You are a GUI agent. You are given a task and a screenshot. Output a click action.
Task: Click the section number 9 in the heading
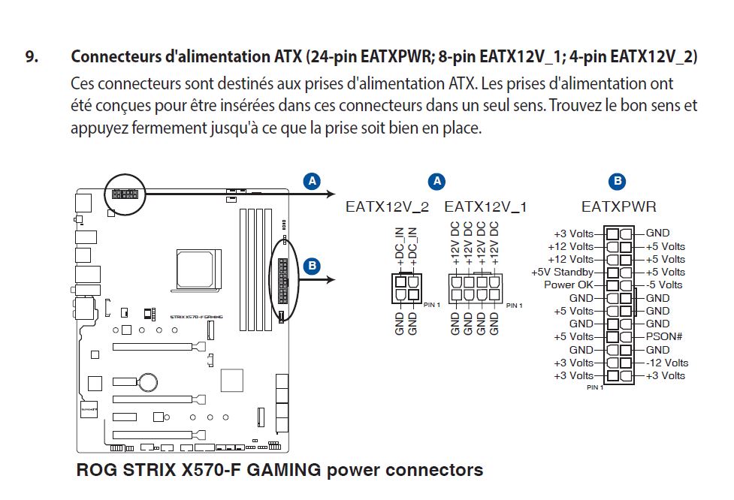(31, 57)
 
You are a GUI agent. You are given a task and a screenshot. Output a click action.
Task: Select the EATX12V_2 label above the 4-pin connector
(387, 206)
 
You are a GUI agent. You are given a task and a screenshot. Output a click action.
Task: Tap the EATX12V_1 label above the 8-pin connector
(485, 206)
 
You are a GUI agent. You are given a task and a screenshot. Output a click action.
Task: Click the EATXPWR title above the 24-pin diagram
(618, 206)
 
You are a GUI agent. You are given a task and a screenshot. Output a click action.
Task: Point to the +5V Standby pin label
(562, 272)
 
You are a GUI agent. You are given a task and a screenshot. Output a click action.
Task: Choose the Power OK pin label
(569, 285)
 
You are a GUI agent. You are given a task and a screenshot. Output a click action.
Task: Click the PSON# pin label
(663, 336)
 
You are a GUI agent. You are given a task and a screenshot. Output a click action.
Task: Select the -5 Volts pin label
(664, 285)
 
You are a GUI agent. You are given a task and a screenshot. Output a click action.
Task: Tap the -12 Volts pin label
(666, 363)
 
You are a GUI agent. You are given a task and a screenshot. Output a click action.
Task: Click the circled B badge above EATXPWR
(618, 181)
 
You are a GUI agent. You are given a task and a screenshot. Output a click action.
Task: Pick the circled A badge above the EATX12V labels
(436, 181)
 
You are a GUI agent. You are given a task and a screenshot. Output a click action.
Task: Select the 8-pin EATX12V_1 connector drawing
(474, 287)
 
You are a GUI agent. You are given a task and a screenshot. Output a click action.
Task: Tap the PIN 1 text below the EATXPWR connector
(595, 388)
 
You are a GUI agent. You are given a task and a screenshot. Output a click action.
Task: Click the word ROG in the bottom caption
(95, 471)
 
